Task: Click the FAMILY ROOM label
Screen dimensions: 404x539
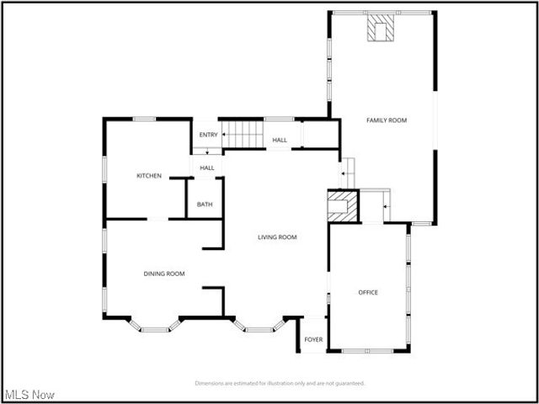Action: coord(386,120)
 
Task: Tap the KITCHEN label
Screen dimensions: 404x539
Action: coord(149,176)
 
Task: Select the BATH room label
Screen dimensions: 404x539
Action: coord(205,205)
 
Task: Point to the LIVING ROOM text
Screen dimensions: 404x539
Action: coord(277,237)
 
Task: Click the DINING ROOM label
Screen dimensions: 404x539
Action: coord(163,274)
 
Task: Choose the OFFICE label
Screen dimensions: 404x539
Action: coord(368,293)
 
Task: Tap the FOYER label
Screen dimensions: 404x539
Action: coord(313,340)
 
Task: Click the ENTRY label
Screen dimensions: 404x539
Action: coord(208,135)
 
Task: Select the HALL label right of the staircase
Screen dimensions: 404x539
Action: coord(280,140)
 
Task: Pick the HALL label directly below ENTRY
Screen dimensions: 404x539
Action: coord(207,168)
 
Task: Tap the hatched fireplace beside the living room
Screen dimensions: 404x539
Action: coord(342,206)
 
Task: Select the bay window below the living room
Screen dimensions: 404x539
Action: coord(259,327)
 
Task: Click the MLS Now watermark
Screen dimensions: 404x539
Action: coord(29,394)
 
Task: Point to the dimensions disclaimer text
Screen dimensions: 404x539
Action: coord(280,383)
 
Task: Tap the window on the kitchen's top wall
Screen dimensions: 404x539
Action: coord(145,119)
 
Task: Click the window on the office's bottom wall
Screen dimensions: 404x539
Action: coord(367,350)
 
